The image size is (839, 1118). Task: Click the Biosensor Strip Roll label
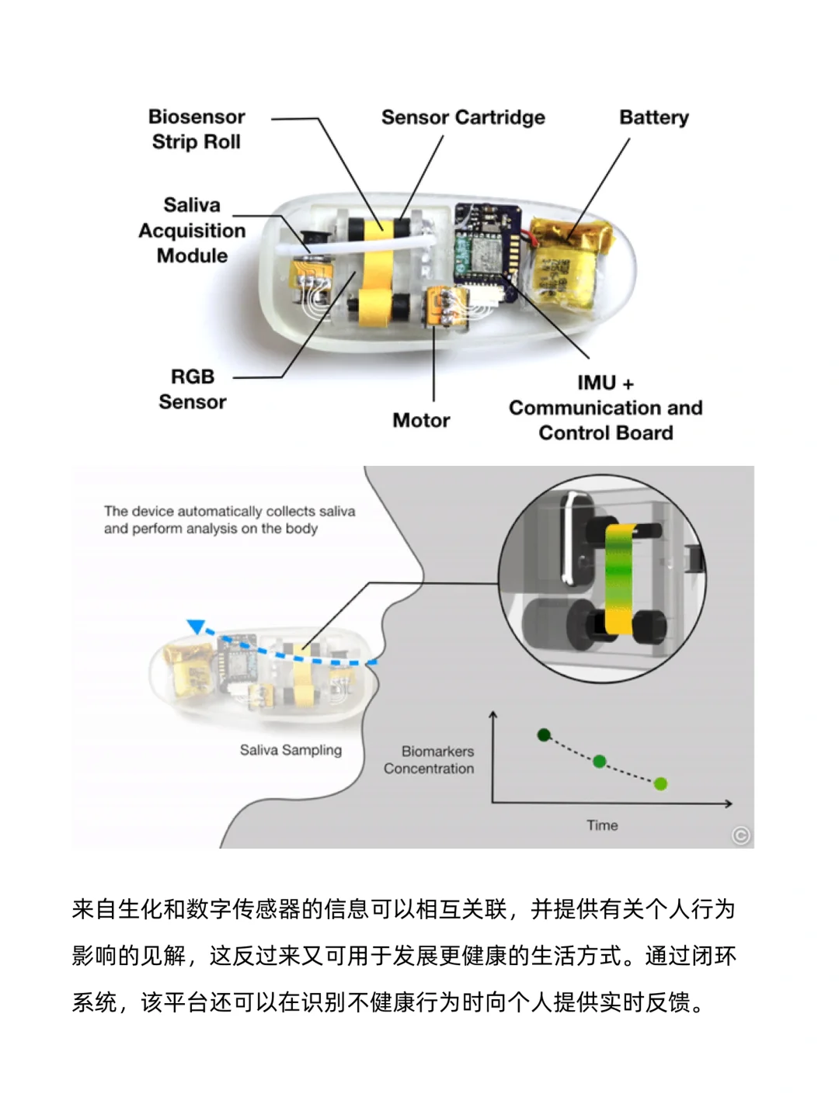[x=197, y=130]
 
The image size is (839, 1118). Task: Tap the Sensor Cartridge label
[x=463, y=117]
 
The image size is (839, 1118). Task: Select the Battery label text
[x=653, y=117]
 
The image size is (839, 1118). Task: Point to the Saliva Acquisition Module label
[x=192, y=231]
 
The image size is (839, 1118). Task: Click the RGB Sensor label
[x=192, y=389]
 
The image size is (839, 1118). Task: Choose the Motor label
[x=421, y=420]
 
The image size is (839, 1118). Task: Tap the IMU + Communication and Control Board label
[x=605, y=408]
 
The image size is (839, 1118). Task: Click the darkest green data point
[x=544, y=734]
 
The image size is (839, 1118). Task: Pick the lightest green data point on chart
[x=660, y=784]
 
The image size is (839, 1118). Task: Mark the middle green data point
[x=599, y=762]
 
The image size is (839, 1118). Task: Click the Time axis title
[x=602, y=825]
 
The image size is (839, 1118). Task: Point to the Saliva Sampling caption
[x=291, y=750]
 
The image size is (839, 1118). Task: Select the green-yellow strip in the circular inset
[x=619, y=575]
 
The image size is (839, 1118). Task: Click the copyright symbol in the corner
[x=740, y=835]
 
